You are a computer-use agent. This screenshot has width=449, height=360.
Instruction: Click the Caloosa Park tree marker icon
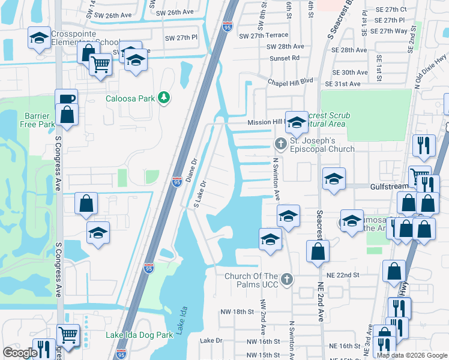point(163,98)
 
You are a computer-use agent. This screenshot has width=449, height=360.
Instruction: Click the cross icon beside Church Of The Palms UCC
point(288,280)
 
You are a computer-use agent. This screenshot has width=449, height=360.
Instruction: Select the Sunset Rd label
point(284,58)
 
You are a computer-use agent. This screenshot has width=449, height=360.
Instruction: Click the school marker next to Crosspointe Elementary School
point(39,38)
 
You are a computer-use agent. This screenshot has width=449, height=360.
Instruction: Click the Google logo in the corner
point(20,353)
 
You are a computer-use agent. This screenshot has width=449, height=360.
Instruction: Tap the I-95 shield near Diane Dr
point(176,181)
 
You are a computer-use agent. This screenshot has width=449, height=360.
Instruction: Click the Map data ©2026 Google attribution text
point(411,355)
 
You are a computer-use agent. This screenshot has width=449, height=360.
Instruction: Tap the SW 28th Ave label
point(285,46)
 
